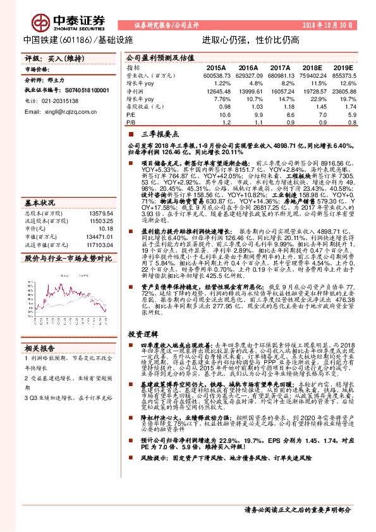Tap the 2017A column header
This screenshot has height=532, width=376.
(279, 67)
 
